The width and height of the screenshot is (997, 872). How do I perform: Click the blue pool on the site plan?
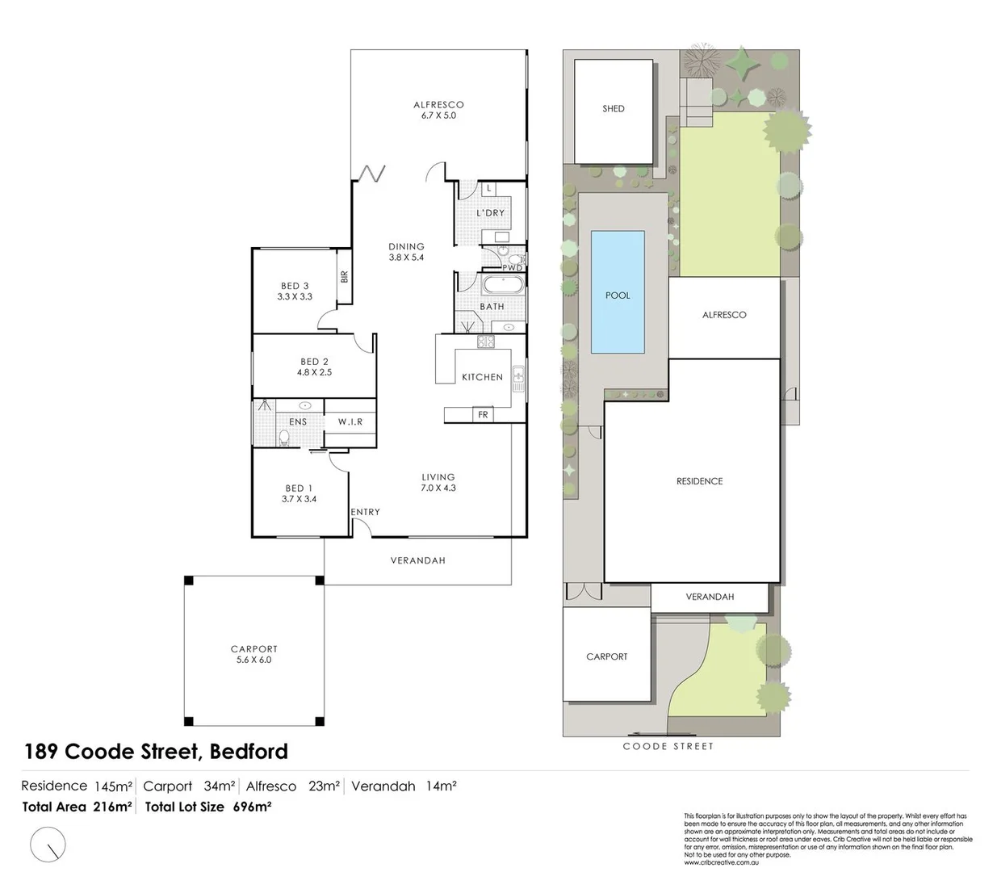click(618, 292)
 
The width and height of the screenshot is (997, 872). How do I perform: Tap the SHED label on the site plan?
click(614, 108)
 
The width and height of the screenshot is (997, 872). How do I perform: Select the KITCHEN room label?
click(482, 377)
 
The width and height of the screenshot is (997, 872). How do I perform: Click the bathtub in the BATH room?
click(502, 285)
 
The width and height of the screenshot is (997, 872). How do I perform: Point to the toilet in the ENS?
click(283, 437)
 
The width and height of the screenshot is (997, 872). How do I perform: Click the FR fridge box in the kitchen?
click(483, 415)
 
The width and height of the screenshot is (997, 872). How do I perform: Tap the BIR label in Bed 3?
click(345, 276)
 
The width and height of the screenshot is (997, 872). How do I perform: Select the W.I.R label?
click(350, 421)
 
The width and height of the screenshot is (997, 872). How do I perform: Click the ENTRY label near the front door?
click(365, 512)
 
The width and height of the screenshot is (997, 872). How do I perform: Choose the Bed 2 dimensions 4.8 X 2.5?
click(314, 372)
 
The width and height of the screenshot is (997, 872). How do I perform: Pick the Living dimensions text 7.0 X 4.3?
click(438, 488)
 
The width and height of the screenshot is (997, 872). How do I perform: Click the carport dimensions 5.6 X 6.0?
click(253, 660)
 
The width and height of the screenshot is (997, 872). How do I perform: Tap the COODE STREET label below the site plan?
click(668, 747)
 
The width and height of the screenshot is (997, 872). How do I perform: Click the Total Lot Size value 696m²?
click(252, 807)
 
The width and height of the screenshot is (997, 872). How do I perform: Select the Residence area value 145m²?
click(113, 786)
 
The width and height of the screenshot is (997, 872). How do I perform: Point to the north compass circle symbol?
click(48, 845)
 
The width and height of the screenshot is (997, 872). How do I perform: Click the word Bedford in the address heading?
click(249, 752)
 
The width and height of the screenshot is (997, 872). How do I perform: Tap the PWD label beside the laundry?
click(513, 267)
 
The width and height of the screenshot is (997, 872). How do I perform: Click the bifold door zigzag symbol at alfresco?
click(372, 173)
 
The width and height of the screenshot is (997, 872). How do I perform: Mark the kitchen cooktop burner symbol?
click(485, 342)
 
